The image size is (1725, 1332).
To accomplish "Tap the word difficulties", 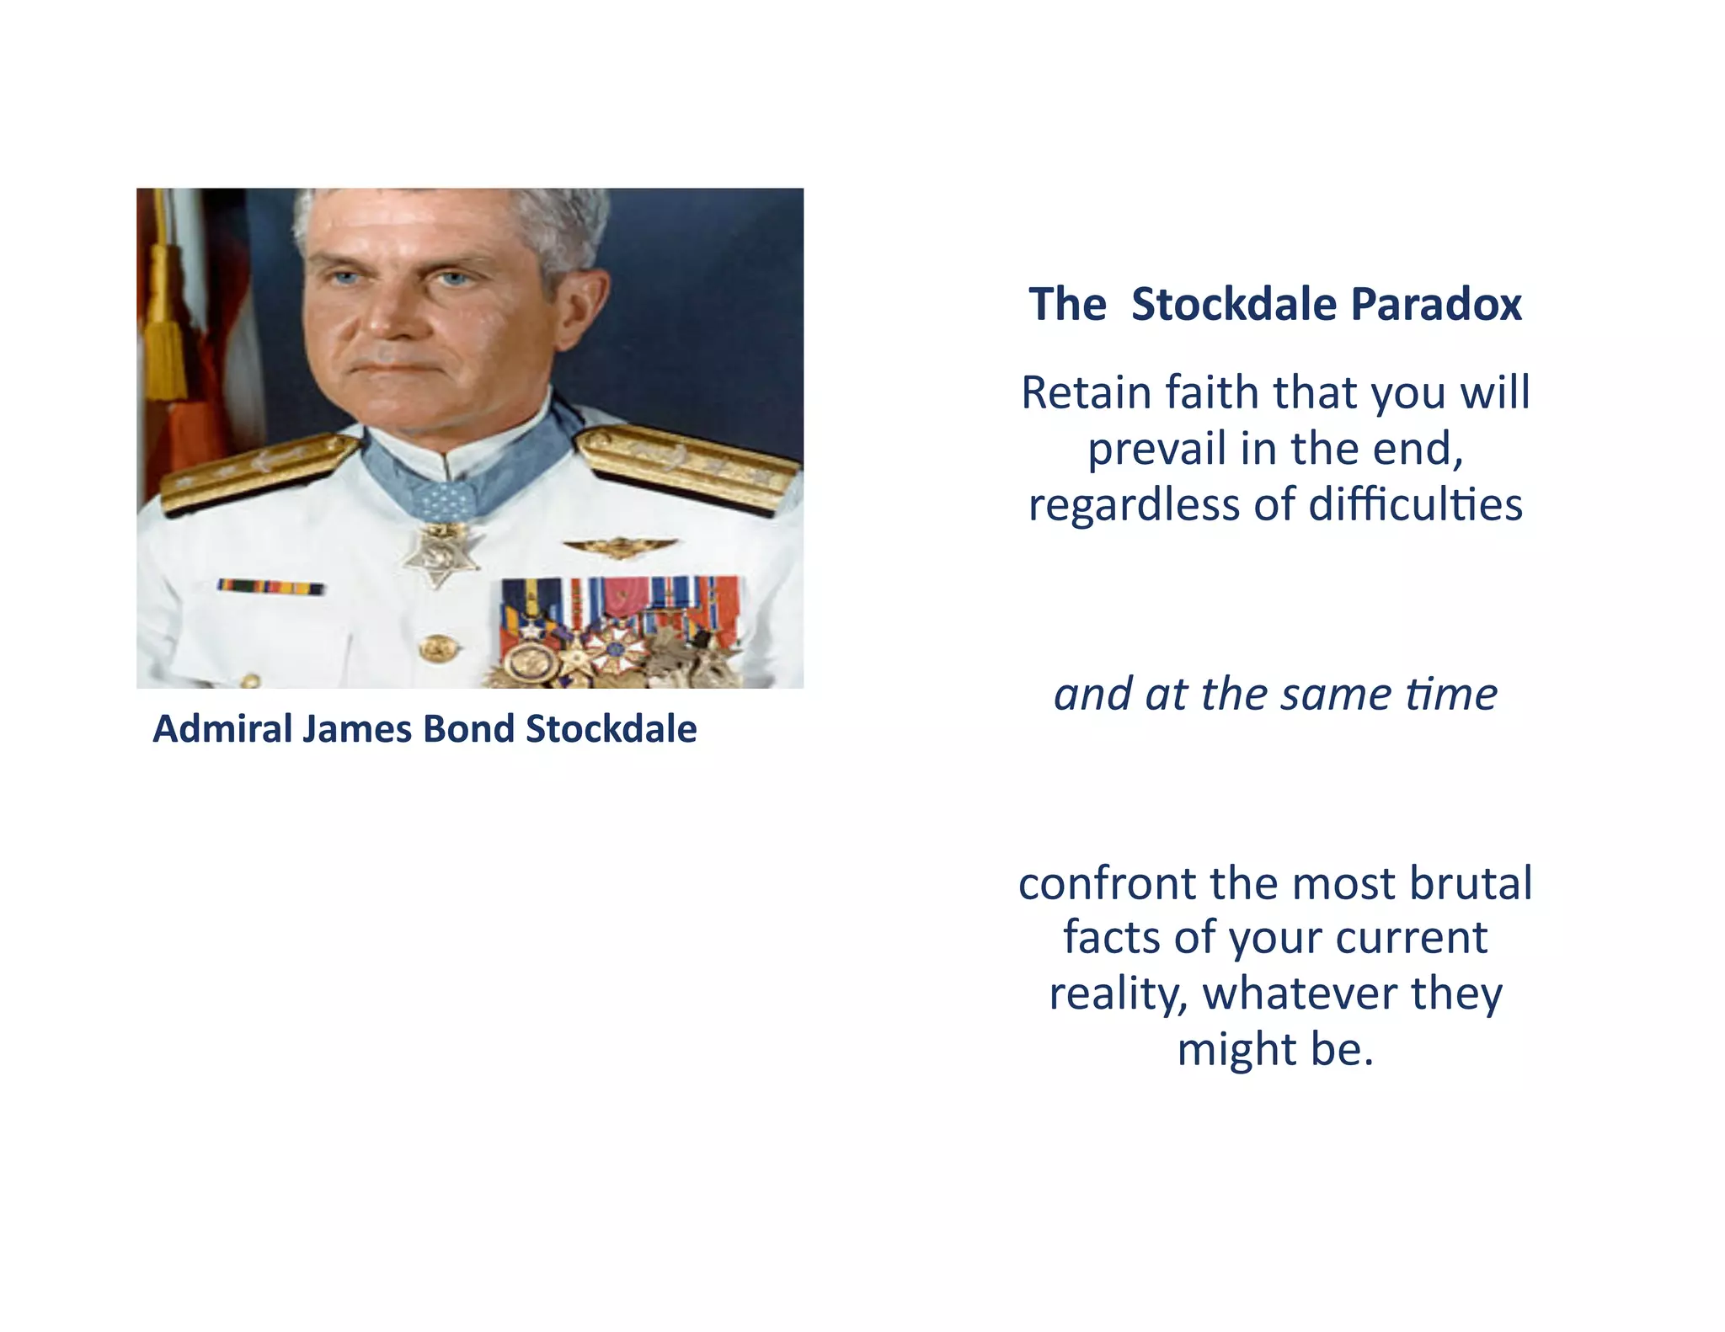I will pyautogui.click(x=1415, y=504).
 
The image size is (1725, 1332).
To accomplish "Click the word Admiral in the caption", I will pyautogui.click(x=222, y=729).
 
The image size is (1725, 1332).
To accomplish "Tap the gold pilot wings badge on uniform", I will pyautogui.click(x=620, y=547).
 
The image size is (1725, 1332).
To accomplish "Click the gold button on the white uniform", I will pyautogui.click(x=438, y=647).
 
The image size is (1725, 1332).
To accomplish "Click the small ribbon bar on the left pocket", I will pyautogui.click(x=270, y=587).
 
